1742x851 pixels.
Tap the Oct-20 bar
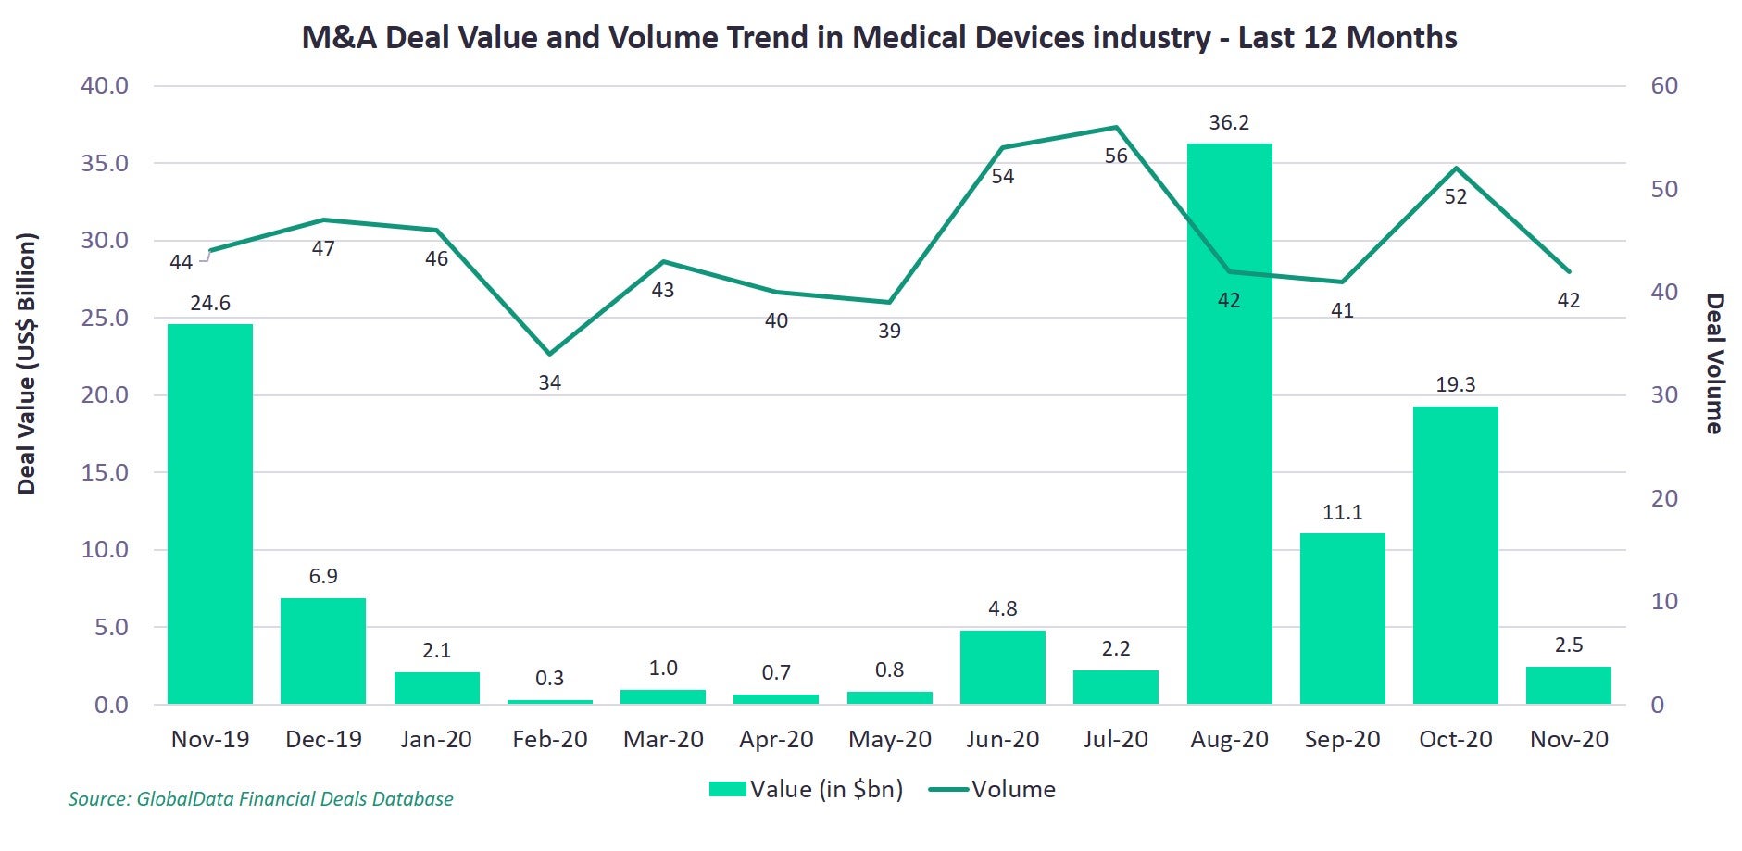pyautogui.click(x=1455, y=555)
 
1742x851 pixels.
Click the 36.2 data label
pyautogui.click(x=1229, y=123)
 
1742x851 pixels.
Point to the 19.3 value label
pyautogui.click(x=1455, y=385)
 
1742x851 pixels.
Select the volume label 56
pyautogui.click(x=1116, y=156)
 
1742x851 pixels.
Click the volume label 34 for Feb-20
pyautogui.click(x=549, y=382)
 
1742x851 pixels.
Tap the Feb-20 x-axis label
pyautogui.click(x=549, y=740)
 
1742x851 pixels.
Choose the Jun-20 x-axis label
pyautogui.click(x=1002, y=740)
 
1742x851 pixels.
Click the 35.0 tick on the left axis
pyautogui.click(x=105, y=164)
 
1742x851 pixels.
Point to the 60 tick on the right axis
pyautogui.click(x=1663, y=86)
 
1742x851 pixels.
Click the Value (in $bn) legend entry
pyautogui.click(x=806, y=790)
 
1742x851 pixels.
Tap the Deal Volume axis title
pyautogui.click(x=1715, y=364)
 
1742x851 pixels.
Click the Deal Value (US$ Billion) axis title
pyautogui.click(x=27, y=364)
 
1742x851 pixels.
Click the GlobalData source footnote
pyautogui.click(x=260, y=799)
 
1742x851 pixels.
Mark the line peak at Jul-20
pyautogui.click(x=1116, y=127)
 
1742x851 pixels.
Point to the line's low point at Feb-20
pyautogui.click(x=549, y=354)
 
